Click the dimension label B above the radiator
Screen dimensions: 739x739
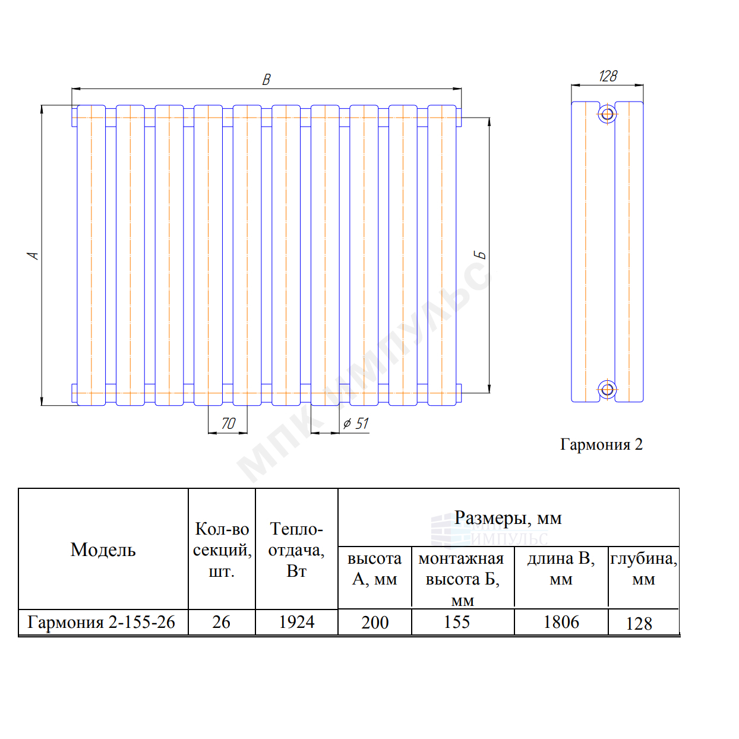267,80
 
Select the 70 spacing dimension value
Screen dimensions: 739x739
228,424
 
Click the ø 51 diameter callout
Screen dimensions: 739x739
355,424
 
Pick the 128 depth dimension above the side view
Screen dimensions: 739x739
608,76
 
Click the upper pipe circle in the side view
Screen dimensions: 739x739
607,114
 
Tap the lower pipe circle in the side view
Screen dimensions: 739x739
607,390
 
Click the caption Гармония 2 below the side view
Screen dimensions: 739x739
601,444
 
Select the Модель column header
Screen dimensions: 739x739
103,549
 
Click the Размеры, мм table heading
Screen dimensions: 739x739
508,518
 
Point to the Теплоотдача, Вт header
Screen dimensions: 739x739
296,549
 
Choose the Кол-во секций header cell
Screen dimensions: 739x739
222,549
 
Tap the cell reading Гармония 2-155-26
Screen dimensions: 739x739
101,621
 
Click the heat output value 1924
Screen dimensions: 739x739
296,621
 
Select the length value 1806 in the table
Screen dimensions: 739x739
561,621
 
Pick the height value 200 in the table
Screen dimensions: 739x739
375,622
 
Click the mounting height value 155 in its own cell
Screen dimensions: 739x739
456,621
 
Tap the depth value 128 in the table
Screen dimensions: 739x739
639,623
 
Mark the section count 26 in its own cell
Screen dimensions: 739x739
221,621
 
